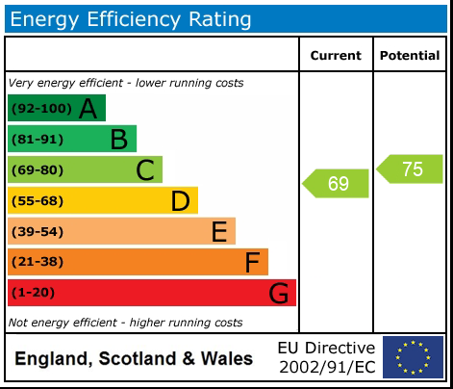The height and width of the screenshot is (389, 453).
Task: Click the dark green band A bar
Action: (56, 108)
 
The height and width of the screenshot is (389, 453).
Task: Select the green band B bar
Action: (72, 139)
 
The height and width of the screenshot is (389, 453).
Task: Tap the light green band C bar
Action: (85, 170)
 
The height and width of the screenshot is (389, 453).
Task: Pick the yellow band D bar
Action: (102, 200)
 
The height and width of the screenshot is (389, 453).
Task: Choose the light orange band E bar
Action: (121, 231)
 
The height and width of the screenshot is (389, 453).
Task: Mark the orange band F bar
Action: (138, 262)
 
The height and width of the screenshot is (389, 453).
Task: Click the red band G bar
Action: (151, 293)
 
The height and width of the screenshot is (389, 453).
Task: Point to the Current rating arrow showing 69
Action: (337, 183)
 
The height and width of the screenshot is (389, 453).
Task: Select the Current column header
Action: (336, 56)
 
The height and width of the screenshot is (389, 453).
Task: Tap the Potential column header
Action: (410, 56)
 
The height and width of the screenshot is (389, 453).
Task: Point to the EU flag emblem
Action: (413, 357)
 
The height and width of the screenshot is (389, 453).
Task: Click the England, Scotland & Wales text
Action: (134, 359)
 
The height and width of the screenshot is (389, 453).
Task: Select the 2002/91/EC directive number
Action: (326, 367)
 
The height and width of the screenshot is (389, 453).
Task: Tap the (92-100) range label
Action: (40, 108)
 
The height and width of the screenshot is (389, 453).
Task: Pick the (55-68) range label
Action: (37, 200)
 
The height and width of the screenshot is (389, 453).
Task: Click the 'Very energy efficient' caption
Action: (126, 83)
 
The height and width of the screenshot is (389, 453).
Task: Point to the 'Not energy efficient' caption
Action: (125, 323)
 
